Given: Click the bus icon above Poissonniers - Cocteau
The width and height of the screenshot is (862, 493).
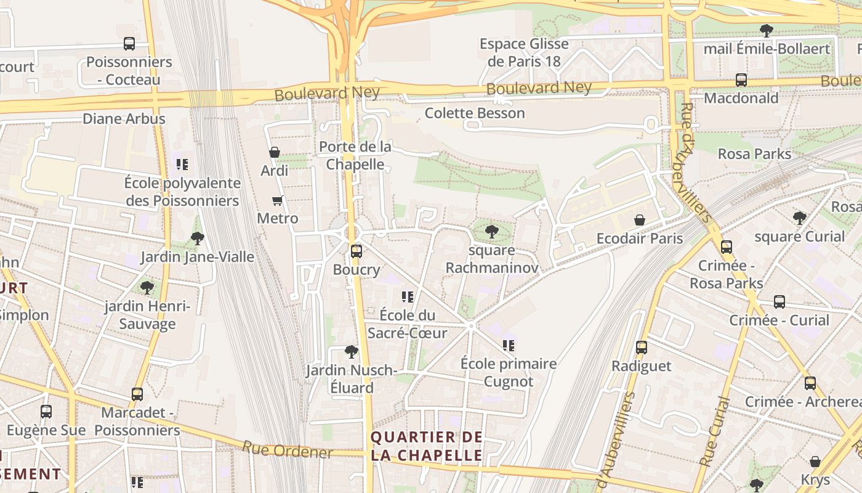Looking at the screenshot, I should (x=129, y=44).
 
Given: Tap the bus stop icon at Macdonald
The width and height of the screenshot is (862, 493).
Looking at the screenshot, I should (x=741, y=80).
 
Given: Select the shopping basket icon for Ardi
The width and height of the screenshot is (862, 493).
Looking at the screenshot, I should (x=275, y=152).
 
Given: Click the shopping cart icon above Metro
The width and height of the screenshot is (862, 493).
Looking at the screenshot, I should (x=278, y=200).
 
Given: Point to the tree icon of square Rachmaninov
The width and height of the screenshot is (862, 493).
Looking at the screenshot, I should (x=491, y=232).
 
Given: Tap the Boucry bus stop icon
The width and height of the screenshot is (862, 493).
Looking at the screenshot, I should (x=356, y=251).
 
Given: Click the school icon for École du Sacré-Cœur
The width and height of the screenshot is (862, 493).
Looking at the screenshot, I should (x=407, y=297).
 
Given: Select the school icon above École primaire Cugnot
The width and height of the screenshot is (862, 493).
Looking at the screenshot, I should (x=509, y=346).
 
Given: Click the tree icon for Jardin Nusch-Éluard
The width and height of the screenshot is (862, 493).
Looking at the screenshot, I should (x=352, y=352).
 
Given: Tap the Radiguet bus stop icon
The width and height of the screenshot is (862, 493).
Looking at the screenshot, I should (x=642, y=348).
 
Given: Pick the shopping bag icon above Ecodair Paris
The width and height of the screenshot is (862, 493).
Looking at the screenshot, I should (x=640, y=220).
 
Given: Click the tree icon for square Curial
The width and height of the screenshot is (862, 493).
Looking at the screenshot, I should (x=799, y=218).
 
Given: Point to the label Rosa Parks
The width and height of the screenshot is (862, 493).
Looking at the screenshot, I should (x=754, y=153).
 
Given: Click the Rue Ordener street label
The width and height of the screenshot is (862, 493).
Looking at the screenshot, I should (x=288, y=450).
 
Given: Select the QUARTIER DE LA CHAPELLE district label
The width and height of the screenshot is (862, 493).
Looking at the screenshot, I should (x=427, y=446).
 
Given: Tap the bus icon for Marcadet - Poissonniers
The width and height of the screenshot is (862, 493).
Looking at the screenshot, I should (x=137, y=394).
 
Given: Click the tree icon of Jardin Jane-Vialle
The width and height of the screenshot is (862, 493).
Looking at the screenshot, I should (x=197, y=238).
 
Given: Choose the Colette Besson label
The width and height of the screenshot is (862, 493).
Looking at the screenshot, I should (x=475, y=113).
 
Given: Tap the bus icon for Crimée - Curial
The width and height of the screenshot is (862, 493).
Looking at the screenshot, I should (x=779, y=302).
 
